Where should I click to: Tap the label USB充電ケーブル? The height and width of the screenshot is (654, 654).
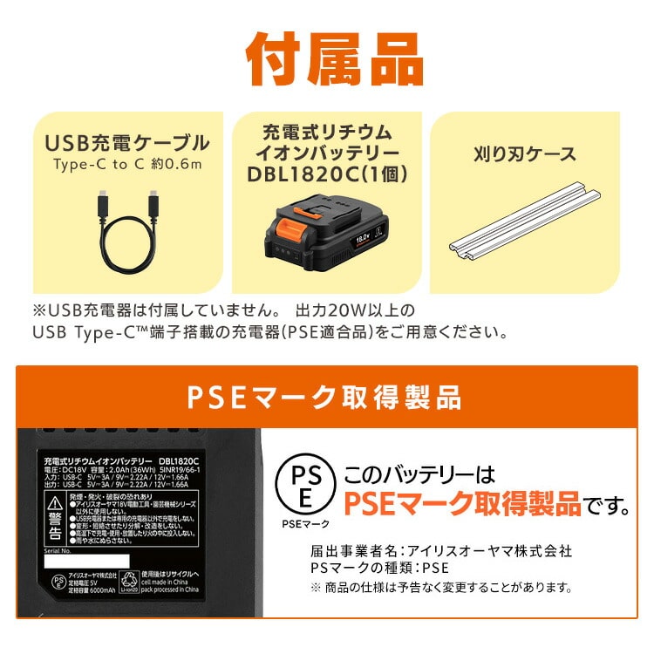tap(126, 143)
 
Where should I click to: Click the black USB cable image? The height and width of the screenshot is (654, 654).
tap(127, 232)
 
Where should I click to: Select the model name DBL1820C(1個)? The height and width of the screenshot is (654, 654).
tap(327, 174)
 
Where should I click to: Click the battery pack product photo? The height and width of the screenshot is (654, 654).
tap(327, 235)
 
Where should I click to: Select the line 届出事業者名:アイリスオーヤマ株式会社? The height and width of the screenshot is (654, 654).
tap(441, 551)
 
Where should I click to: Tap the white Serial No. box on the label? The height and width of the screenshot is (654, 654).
tap(86, 561)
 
